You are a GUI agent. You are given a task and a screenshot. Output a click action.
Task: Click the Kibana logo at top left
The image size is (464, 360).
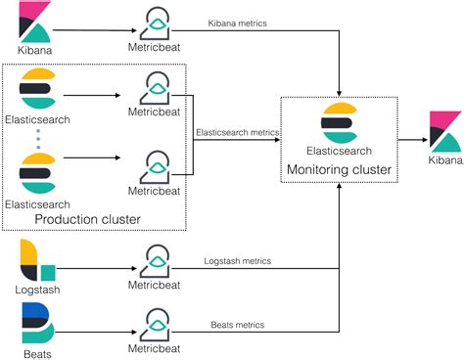(34, 20)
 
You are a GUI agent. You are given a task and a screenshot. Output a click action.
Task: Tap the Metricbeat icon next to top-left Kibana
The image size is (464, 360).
(155, 22)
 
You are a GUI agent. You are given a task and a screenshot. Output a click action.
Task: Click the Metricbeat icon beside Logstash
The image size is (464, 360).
(155, 258)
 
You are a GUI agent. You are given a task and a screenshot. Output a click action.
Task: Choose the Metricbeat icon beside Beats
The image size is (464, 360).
(155, 323)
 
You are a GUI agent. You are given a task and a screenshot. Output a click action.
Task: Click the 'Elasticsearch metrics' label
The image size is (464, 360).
(238, 131)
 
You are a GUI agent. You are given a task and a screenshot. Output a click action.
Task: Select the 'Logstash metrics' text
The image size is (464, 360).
(239, 261)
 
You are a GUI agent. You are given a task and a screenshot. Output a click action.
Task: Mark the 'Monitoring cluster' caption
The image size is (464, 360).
(338, 170)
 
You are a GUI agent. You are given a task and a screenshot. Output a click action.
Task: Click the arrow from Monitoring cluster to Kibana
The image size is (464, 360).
(410, 139)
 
